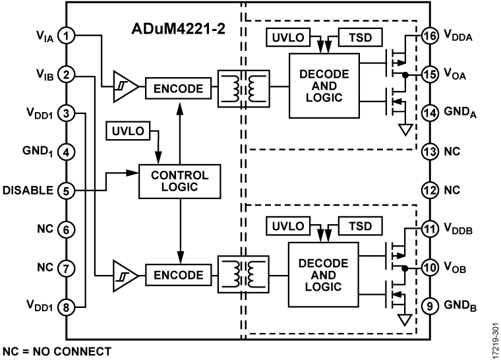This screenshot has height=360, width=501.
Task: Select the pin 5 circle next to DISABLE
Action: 66,191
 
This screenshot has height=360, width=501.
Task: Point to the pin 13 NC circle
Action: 430,152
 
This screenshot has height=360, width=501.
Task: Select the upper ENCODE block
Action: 180,87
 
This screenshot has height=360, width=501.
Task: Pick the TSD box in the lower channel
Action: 361,226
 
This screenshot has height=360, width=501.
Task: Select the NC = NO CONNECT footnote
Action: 57,351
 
